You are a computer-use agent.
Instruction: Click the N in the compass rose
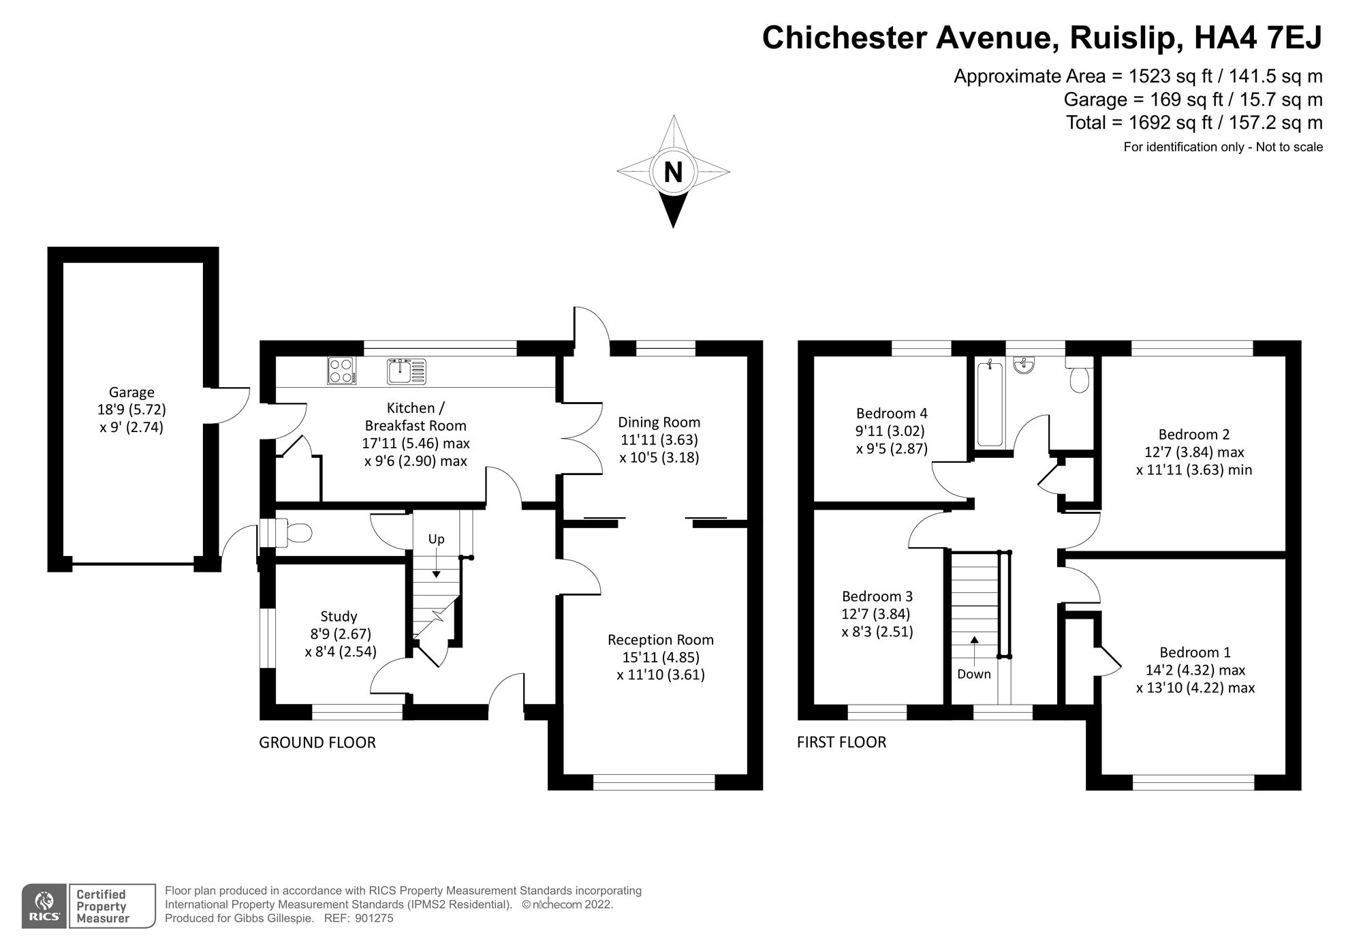coord(673,172)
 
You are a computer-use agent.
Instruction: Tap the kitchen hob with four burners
coord(341,371)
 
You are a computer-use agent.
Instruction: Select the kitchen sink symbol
coord(407,371)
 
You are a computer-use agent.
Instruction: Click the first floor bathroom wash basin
coord(1024,365)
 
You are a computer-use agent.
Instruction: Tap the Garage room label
coord(131,392)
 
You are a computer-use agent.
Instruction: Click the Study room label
coord(339,616)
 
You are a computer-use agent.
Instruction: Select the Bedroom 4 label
coord(892,413)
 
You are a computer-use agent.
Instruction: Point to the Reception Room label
coord(660,639)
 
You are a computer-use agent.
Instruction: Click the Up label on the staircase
coord(436,539)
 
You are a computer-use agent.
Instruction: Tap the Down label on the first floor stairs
coord(973,674)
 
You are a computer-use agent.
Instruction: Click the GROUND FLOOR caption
coord(317,742)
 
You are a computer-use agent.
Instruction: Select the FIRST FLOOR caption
coord(841,742)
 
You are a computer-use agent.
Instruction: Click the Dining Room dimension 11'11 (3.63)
coord(659,440)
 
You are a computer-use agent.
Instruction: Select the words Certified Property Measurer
coord(101,906)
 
